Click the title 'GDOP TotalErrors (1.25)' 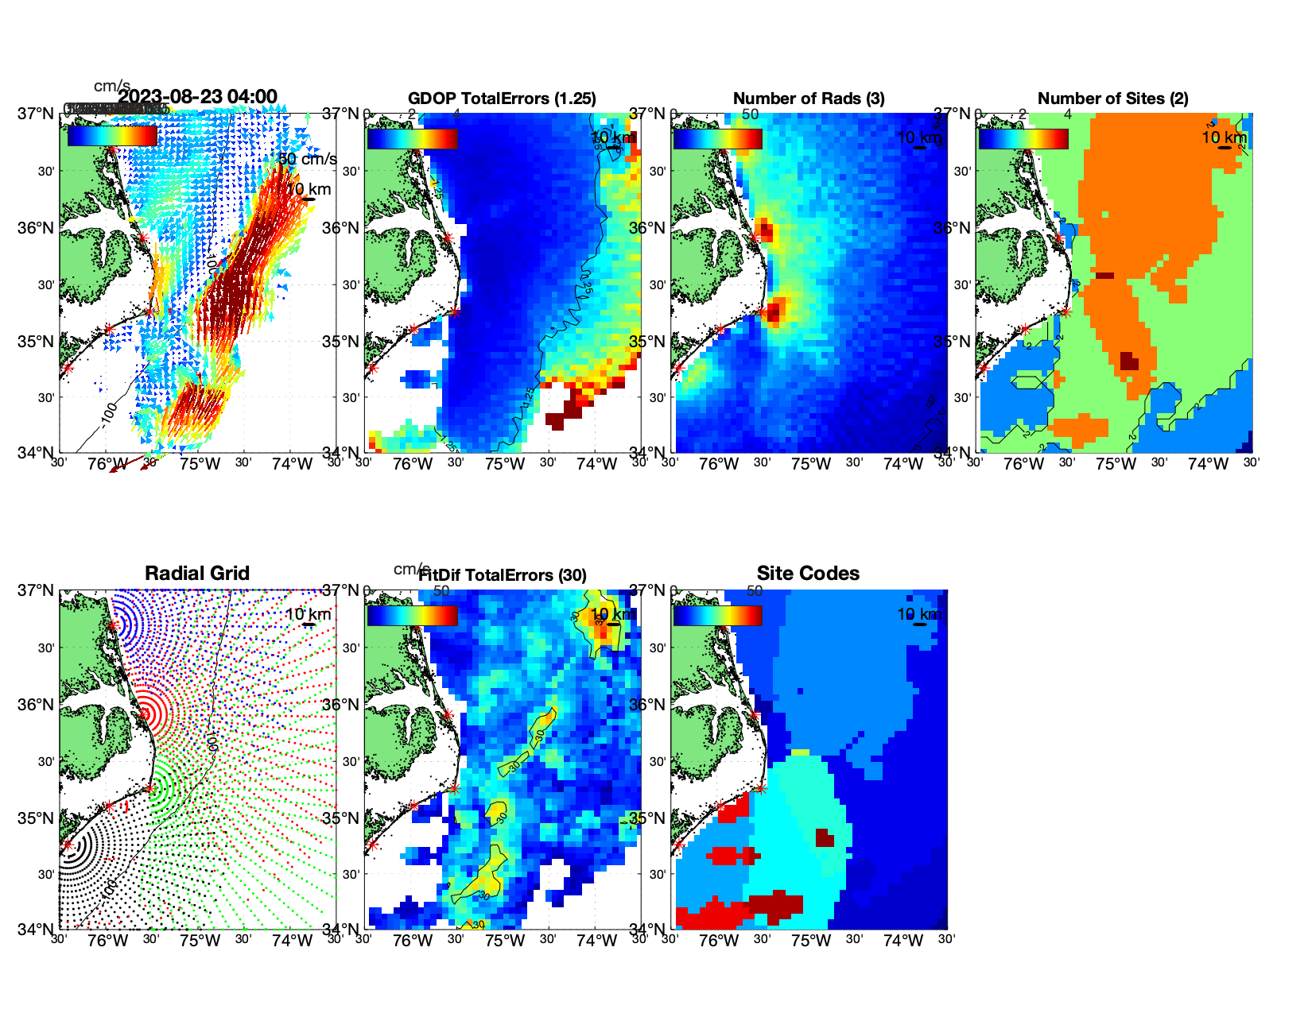pyautogui.click(x=502, y=99)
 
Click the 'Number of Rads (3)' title pyautogui.click(x=809, y=99)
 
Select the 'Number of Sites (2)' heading pyautogui.click(x=1113, y=99)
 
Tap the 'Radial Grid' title pyautogui.click(x=197, y=574)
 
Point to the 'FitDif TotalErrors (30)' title pyautogui.click(x=503, y=575)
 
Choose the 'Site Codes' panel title pyautogui.click(x=808, y=574)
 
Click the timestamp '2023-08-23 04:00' pyautogui.click(x=198, y=97)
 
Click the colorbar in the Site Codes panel pyautogui.click(x=717, y=616)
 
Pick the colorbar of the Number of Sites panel pyautogui.click(x=1023, y=139)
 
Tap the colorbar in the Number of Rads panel pyautogui.click(x=717, y=139)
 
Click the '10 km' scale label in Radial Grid pyautogui.click(x=308, y=614)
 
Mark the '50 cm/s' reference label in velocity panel pyautogui.click(x=307, y=159)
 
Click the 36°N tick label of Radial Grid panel pyautogui.click(x=36, y=705)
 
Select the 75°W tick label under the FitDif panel pyautogui.click(x=505, y=941)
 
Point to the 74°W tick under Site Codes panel pyautogui.click(x=902, y=941)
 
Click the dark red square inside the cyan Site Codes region pyautogui.click(x=825, y=837)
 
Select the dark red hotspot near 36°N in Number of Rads pyautogui.click(x=765, y=230)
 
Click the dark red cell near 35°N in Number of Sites pyautogui.click(x=1128, y=361)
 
